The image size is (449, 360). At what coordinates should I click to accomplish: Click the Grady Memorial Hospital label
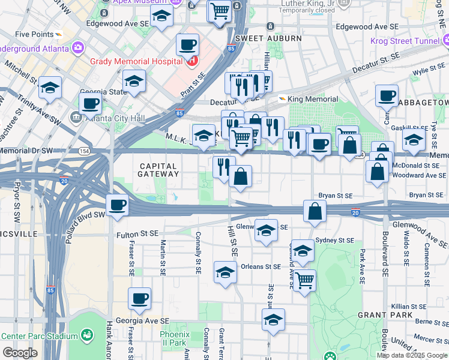click(136, 61)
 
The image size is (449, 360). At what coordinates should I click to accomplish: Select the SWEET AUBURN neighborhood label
click(268, 38)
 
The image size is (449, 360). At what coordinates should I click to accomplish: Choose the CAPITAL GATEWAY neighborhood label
click(159, 170)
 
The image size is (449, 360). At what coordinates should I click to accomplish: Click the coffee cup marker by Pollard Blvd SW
click(118, 205)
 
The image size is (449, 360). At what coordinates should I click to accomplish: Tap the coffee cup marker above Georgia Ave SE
click(139, 298)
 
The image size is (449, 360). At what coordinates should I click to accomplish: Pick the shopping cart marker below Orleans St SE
click(305, 280)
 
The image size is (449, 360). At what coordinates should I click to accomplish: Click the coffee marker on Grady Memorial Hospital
click(188, 44)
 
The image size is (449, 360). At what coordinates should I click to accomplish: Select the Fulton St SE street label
click(137, 233)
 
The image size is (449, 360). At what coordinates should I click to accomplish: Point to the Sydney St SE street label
click(334, 240)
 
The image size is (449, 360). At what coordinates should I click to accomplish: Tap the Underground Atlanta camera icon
click(78, 47)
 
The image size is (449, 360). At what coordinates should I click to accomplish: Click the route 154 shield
click(85, 152)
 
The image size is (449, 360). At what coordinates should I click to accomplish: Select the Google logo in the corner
click(20, 353)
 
